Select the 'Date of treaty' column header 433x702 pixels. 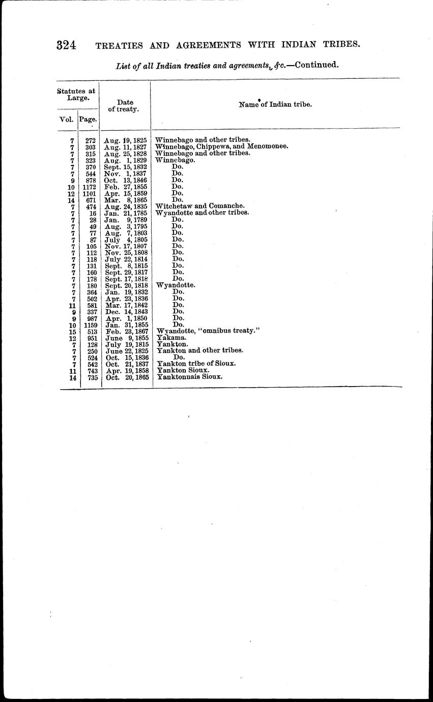coord(125,106)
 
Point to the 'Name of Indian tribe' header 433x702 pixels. coord(275,104)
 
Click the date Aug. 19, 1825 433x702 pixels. coord(126,140)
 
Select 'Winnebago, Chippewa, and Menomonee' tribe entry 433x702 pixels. coord(221,147)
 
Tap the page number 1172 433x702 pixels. coord(90,186)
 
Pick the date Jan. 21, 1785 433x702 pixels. coord(126,213)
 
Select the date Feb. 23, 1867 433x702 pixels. coord(126,331)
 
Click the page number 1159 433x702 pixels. coord(90,325)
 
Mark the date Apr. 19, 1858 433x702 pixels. coord(126,371)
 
